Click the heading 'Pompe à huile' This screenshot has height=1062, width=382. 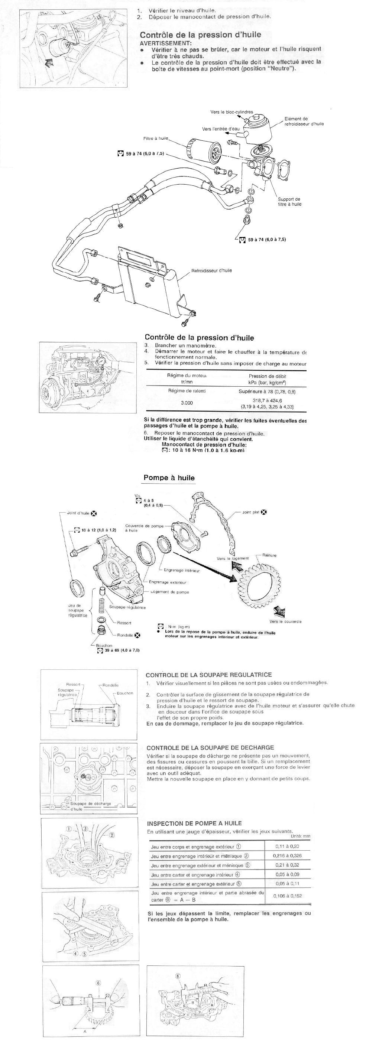pos(169,478)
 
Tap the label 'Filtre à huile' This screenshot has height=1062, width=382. pos(156,139)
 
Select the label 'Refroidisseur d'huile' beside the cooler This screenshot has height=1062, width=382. pos(211,270)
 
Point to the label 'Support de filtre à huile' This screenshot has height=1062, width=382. pos(289,202)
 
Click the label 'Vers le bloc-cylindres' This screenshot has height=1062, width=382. pos(232,112)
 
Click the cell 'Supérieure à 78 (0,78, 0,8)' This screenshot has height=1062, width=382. pos(267,391)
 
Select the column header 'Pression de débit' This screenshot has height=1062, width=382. pos(267,376)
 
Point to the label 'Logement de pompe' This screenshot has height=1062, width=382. pos(169,592)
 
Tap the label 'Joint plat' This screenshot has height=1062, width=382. pos(250,513)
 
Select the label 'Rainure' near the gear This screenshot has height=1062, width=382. pos(269,555)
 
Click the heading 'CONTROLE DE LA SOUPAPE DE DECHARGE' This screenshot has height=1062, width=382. pos(210,747)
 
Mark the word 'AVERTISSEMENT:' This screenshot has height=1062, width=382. pos(166,43)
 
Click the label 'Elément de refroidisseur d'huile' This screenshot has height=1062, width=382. pos(304,121)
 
